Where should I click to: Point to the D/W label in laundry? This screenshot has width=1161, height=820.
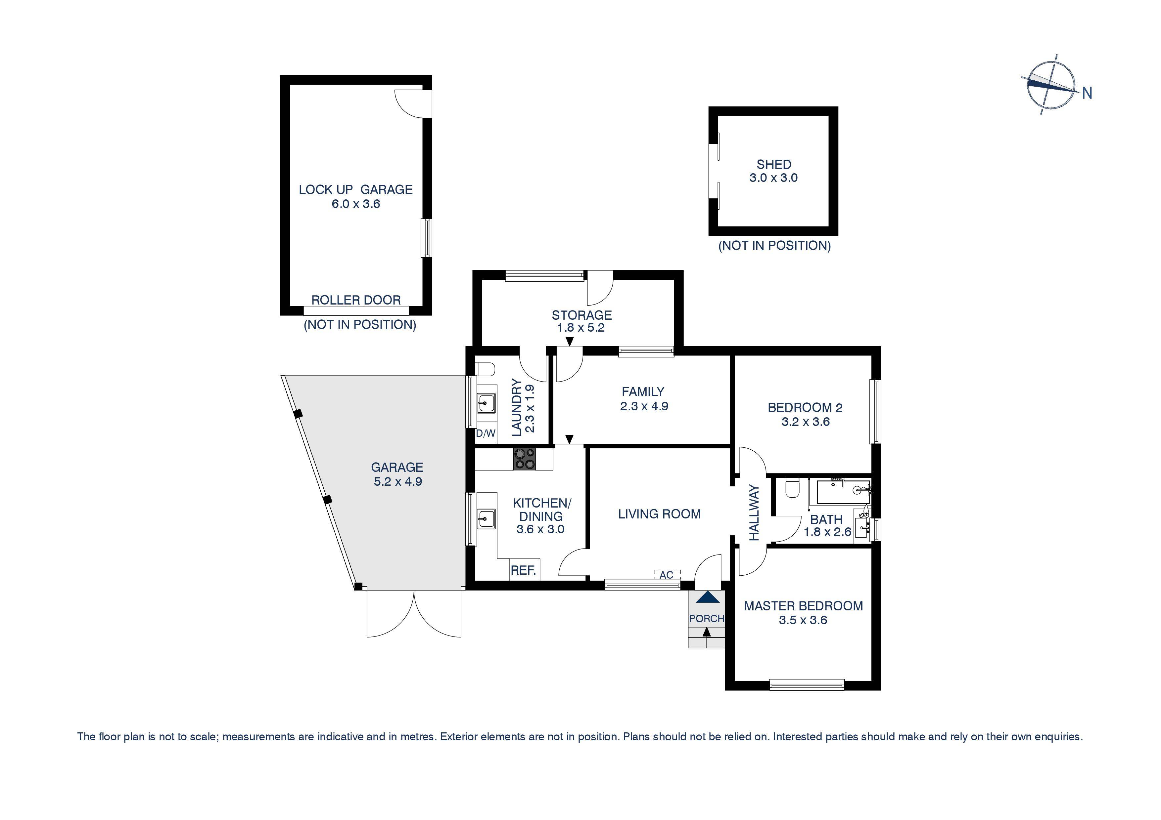point(486,433)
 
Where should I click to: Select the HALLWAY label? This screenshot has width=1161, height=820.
point(754,513)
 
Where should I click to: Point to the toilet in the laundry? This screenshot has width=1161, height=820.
point(486,370)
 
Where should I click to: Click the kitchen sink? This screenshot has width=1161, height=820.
point(486,518)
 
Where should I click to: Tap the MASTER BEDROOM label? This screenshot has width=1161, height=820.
point(803,606)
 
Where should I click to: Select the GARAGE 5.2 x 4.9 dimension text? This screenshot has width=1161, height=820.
point(397,481)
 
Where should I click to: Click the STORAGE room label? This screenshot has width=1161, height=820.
point(581,315)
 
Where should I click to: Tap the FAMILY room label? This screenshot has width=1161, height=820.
point(643,391)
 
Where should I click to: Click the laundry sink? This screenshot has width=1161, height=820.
point(486,403)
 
